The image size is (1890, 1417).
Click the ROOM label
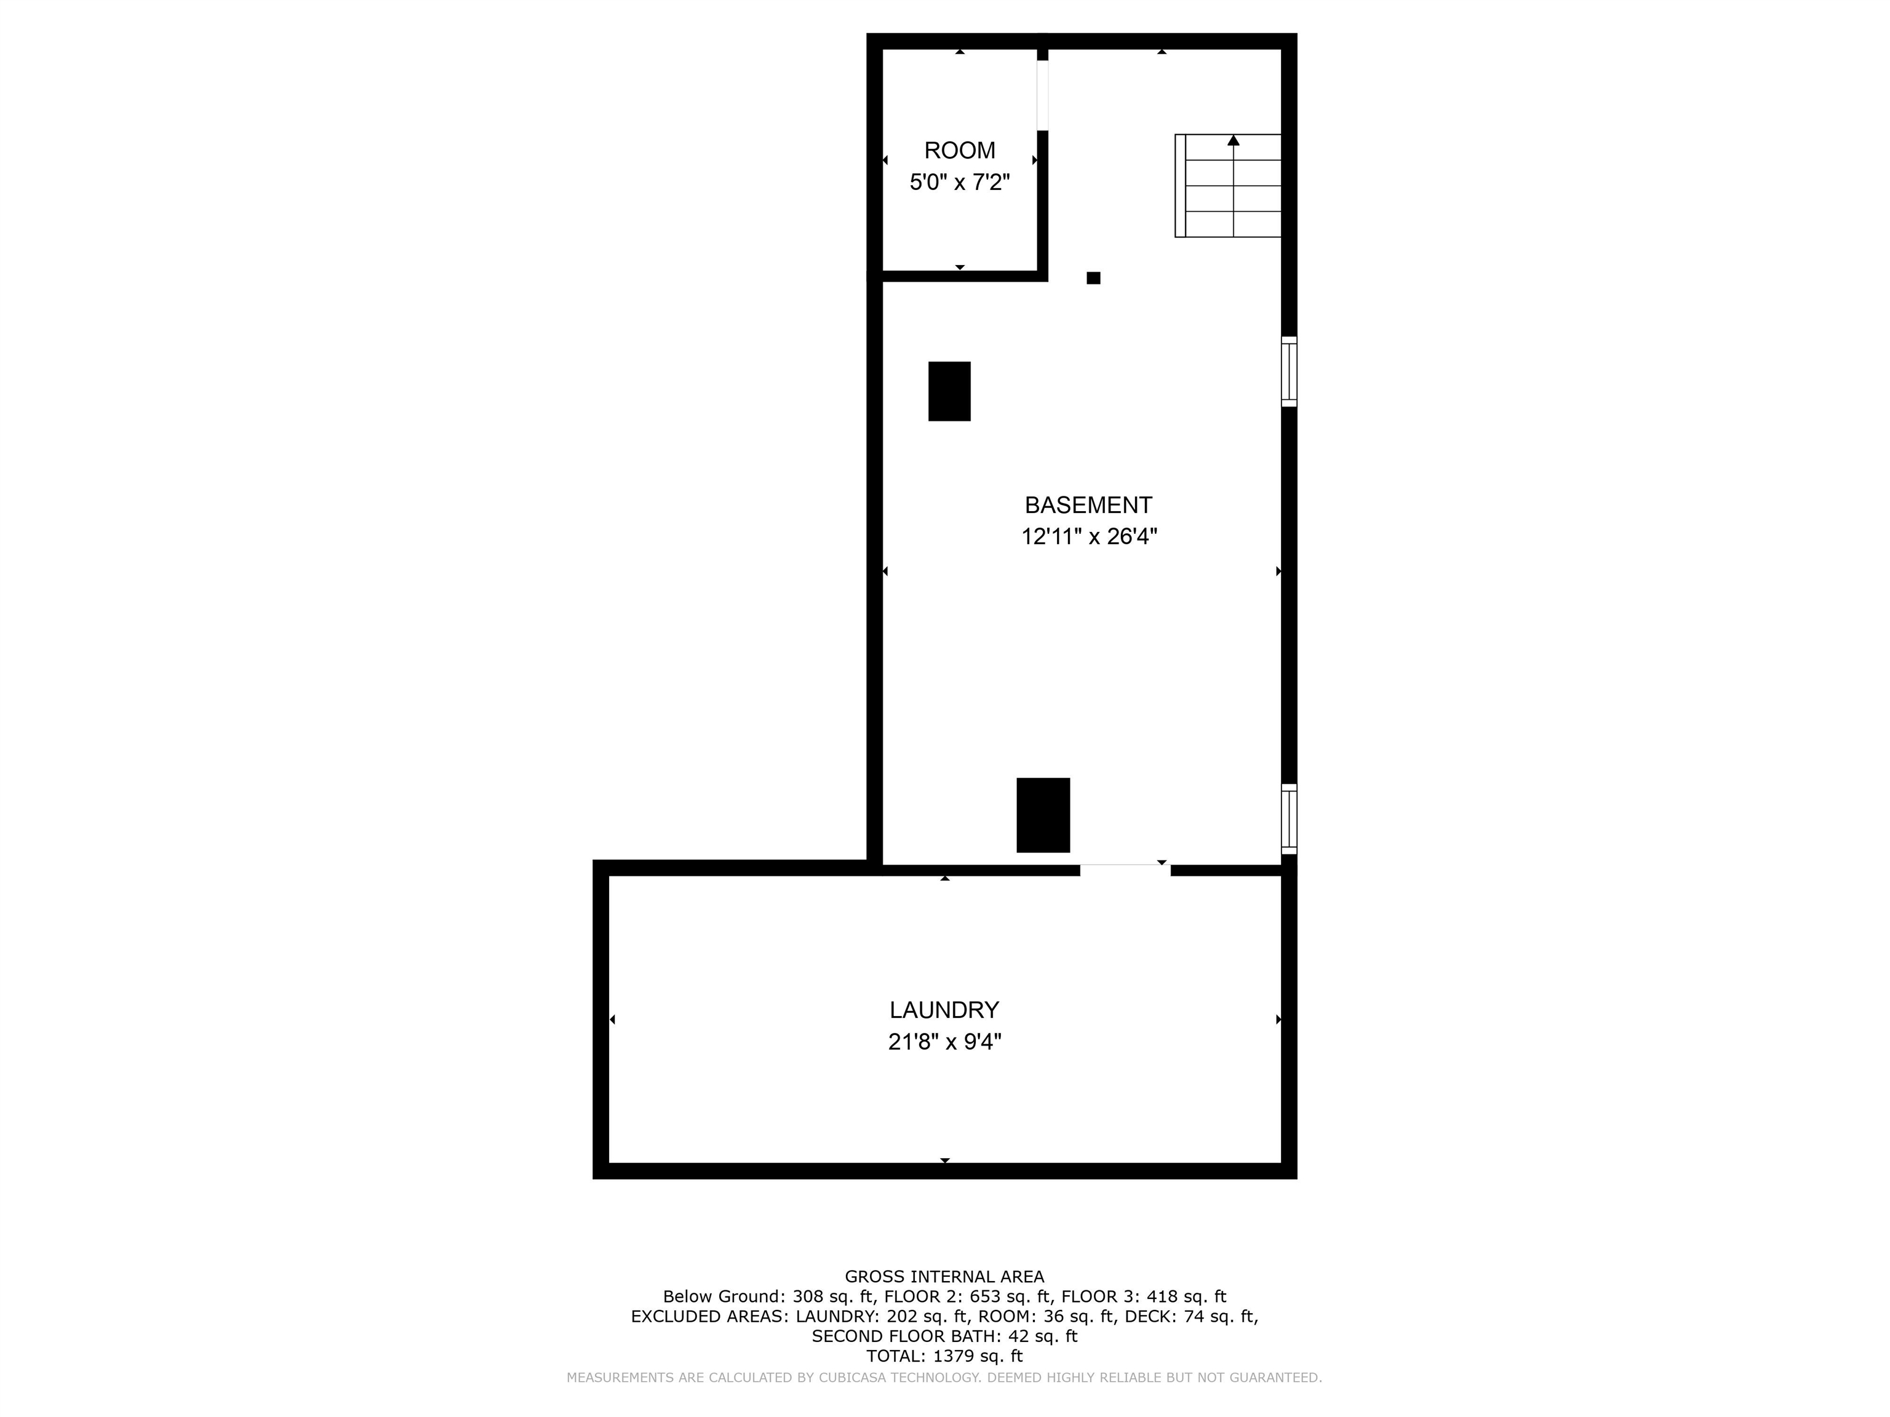pyautogui.click(x=960, y=150)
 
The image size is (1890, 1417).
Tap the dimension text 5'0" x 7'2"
pyautogui.click(x=960, y=182)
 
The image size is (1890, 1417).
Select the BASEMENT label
pyautogui.click(x=1088, y=505)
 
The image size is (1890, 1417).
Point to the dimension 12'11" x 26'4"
pyautogui.click(x=1088, y=536)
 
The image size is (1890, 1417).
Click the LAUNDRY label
pyautogui.click(x=944, y=1010)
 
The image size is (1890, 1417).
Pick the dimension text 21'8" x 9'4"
pyautogui.click(x=944, y=1042)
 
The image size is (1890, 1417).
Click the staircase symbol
pyautogui.click(x=1228, y=185)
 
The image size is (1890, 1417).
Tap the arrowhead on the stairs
pyautogui.click(x=1233, y=140)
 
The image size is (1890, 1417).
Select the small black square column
pyautogui.click(x=1093, y=277)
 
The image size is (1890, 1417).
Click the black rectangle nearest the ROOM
pyautogui.click(x=949, y=391)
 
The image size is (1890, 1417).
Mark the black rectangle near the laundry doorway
pyautogui.click(x=1042, y=815)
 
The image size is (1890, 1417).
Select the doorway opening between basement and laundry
pyautogui.click(x=1125, y=870)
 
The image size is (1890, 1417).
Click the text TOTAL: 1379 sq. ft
pyautogui.click(x=944, y=1355)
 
